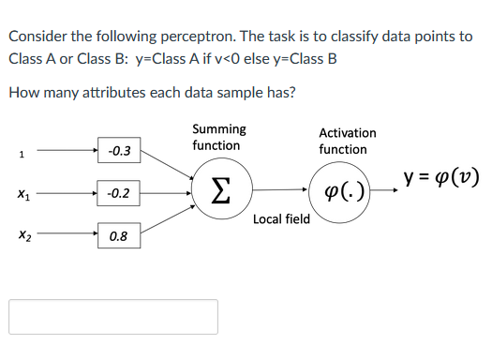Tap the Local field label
(281, 219)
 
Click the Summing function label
(218, 137)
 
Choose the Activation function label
(347, 141)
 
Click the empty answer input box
(113, 317)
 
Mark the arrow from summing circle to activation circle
(276, 191)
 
